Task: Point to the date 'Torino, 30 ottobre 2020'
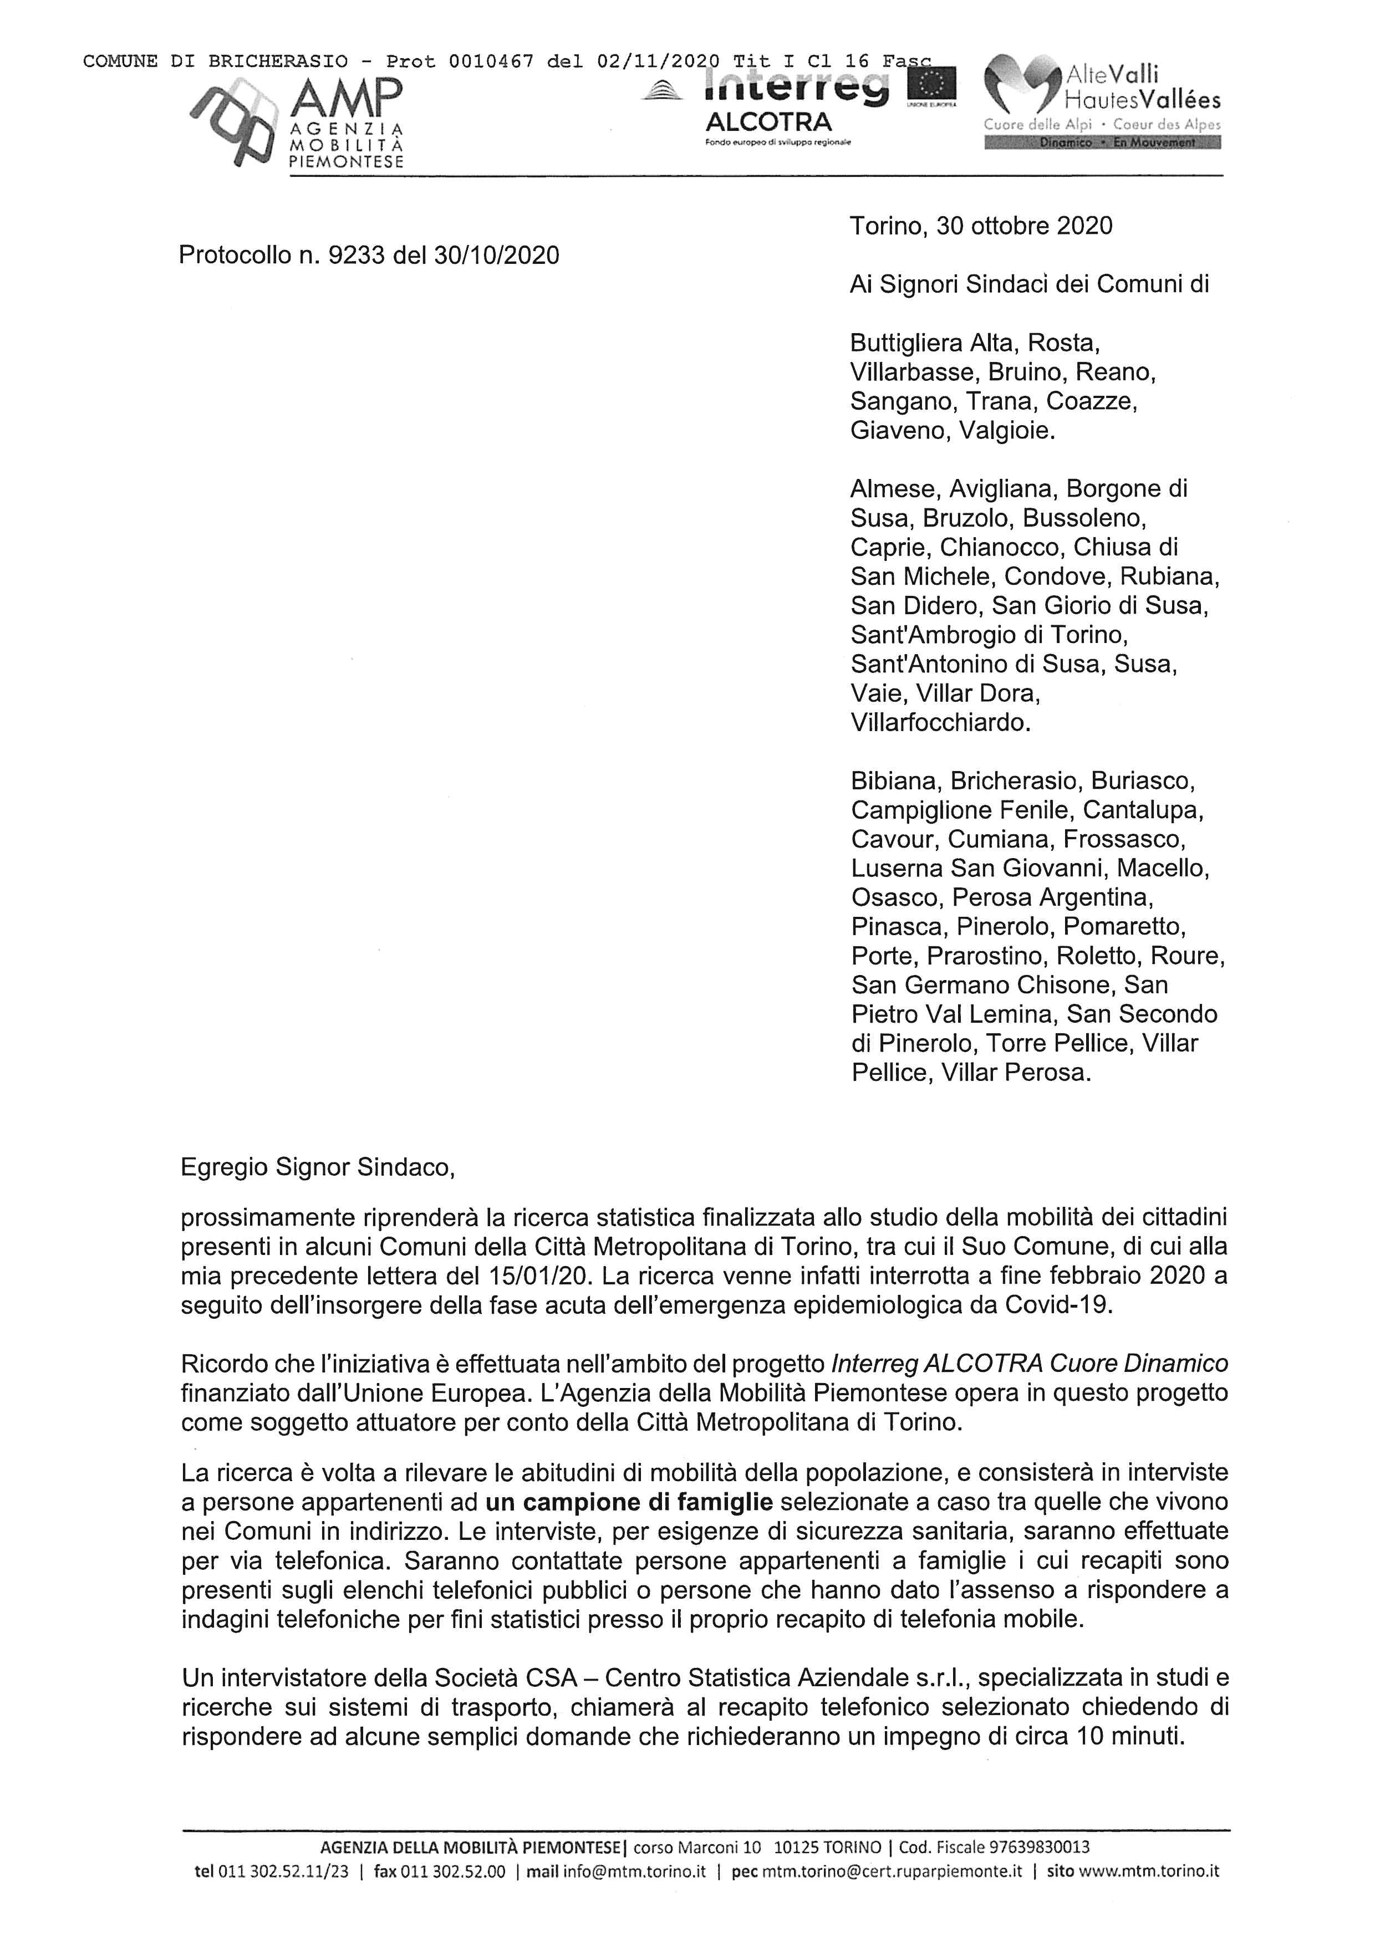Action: tap(981, 226)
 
